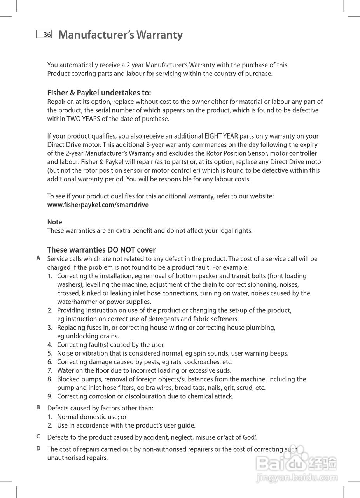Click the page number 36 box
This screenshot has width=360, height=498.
pyautogui.click(x=44, y=34)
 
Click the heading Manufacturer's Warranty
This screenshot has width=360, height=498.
pyautogui.click(x=121, y=35)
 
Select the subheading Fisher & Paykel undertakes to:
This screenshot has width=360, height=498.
pyautogui.click(x=99, y=93)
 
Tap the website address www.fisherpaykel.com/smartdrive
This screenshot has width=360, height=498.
pyautogui.click(x=98, y=205)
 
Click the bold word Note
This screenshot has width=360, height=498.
pyautogui.click(x=54, y=222)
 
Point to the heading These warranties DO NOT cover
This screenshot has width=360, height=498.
pyautogui.click(x=101, y=250)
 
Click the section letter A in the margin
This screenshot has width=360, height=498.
pyautogui.click(x=38, y=258)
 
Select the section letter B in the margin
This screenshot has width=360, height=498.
pyautogui.click(x=38, y=407)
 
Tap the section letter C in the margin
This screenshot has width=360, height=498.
pyautogui.click(x=38, y=437)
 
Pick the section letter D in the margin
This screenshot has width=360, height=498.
pyautogui.click(x=38, y=448)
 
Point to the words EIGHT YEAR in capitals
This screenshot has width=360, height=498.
pyautogui.click(x=221, y=136)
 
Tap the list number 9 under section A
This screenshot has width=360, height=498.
pyautogui.click(x=50, y=396)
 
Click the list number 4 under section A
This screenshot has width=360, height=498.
pyautogui.click(x=50, y=345)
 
